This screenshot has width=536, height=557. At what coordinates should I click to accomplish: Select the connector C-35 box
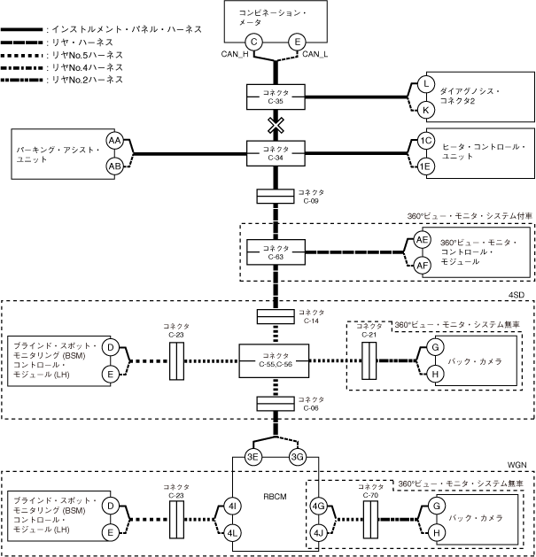pyautogui.click(x=277, y=97)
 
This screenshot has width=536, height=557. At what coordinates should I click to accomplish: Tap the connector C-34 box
pyautogui.click(x=277, y=152)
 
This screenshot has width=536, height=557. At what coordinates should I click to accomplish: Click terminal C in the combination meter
pyautogui.click(x=254, y=41)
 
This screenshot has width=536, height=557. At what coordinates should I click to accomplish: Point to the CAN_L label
pyautogui.click(x=315, y=56)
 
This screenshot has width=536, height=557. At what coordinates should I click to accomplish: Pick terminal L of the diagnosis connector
pyautogui.click(x=426, y=84)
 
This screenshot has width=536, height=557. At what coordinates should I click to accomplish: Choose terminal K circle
pyautogui.click(x=426, y=109)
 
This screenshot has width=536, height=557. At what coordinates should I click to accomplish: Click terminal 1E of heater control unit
pyautogui.click(x=426, y=166)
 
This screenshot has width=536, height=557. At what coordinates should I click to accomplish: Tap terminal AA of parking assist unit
pyautogui.click(x=114, y=141)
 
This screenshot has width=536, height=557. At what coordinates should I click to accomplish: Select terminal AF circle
pyautogui.click(x=423, y=264)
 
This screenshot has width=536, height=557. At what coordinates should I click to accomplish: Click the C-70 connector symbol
pyautogui.click(x=369, y=519)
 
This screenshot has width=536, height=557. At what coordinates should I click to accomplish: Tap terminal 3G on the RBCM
pyautogui.click(x=297, y=457)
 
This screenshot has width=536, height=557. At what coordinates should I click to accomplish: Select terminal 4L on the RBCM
pyautogui.click(x=231, y=532)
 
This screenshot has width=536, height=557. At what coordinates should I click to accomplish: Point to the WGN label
pyautogui.click(x=517, y=463)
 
